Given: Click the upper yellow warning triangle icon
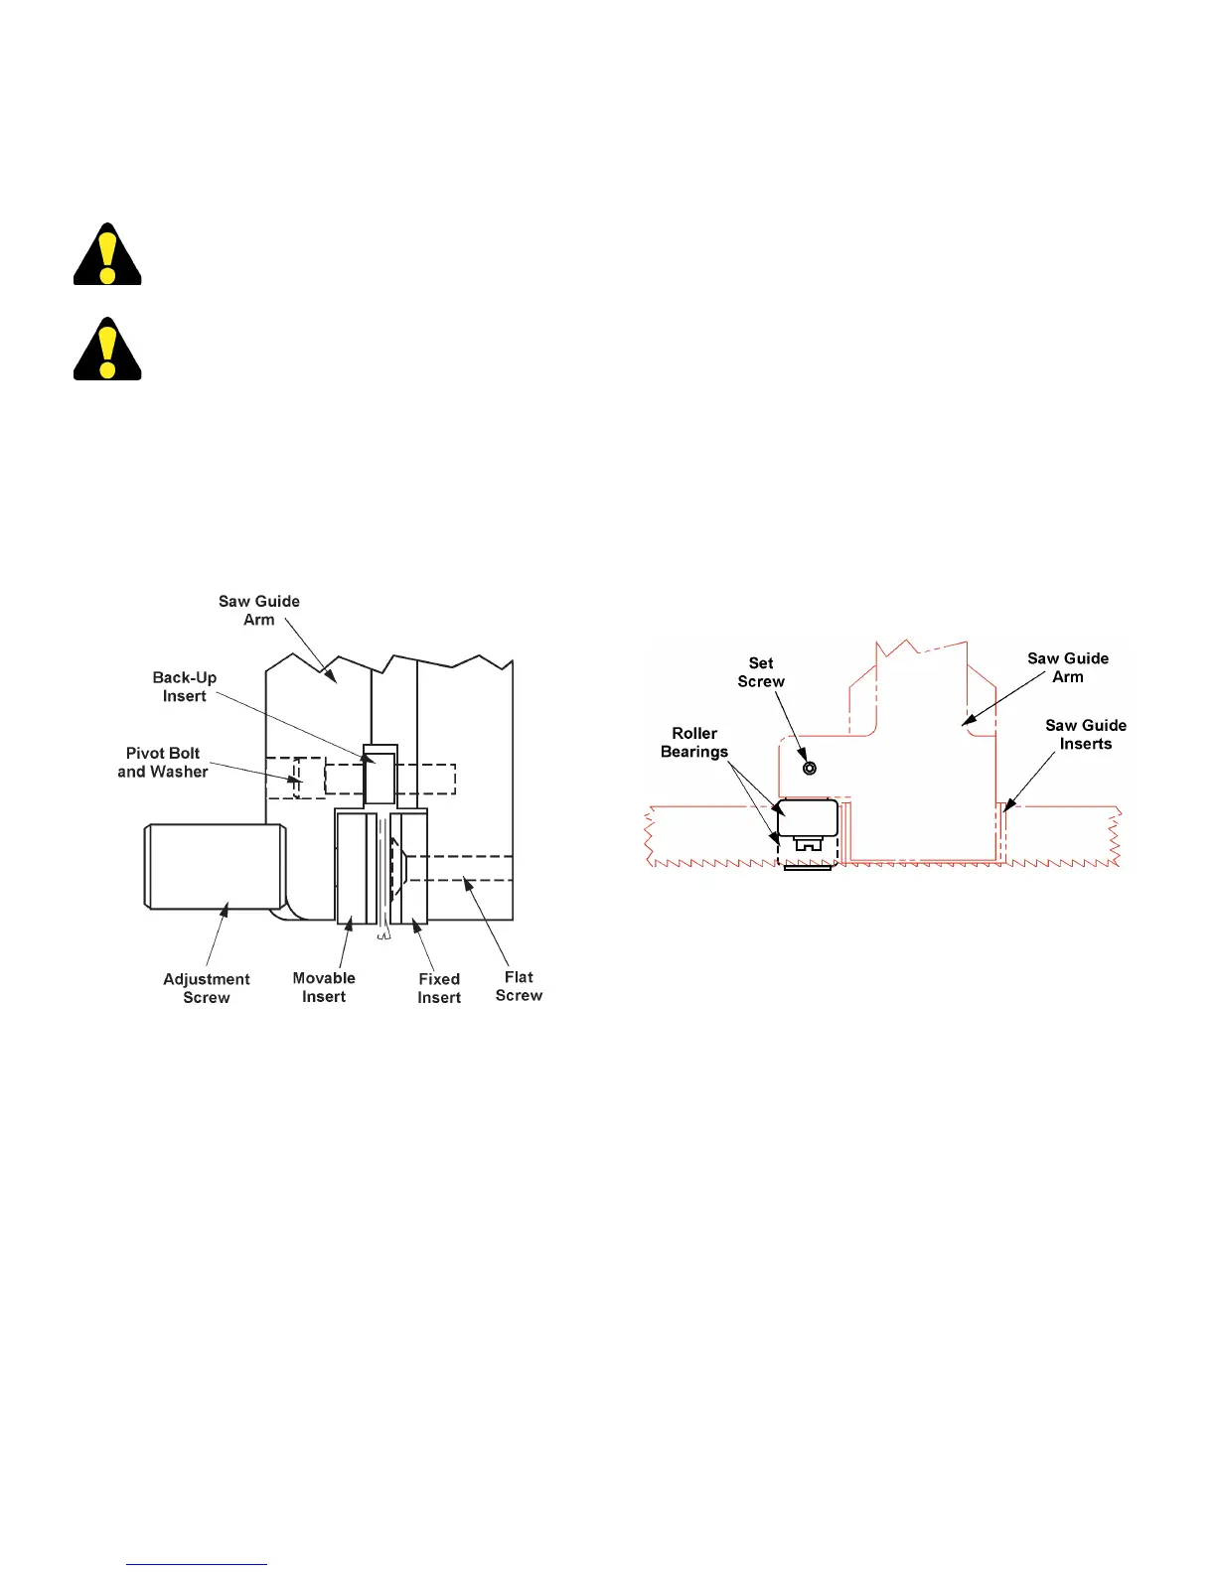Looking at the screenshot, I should (107, 256).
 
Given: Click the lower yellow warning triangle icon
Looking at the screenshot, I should (107, 351).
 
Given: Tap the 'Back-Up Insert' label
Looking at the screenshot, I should (185, 687).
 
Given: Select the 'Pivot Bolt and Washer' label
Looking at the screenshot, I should (163, 763).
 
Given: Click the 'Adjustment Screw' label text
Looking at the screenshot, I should (207, 988).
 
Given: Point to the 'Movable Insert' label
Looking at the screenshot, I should (324, 987).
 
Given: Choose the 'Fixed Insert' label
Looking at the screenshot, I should (439, 988).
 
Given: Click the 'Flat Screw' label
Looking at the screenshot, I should (519, 986).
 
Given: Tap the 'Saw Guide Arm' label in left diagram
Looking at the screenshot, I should (259, 611).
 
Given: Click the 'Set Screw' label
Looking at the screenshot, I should (761, 672).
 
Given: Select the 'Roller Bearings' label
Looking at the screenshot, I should (694, 743).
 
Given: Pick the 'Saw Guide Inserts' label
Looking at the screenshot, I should (1086, 735).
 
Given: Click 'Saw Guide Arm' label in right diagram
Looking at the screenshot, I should (1068, 667).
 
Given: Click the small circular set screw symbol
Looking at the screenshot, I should (810, 768).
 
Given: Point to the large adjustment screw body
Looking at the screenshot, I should (216, 866).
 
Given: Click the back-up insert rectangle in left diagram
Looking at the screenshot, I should (380, 778).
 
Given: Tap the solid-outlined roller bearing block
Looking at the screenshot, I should (808, 817).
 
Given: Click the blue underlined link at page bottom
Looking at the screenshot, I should (197, 1564).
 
